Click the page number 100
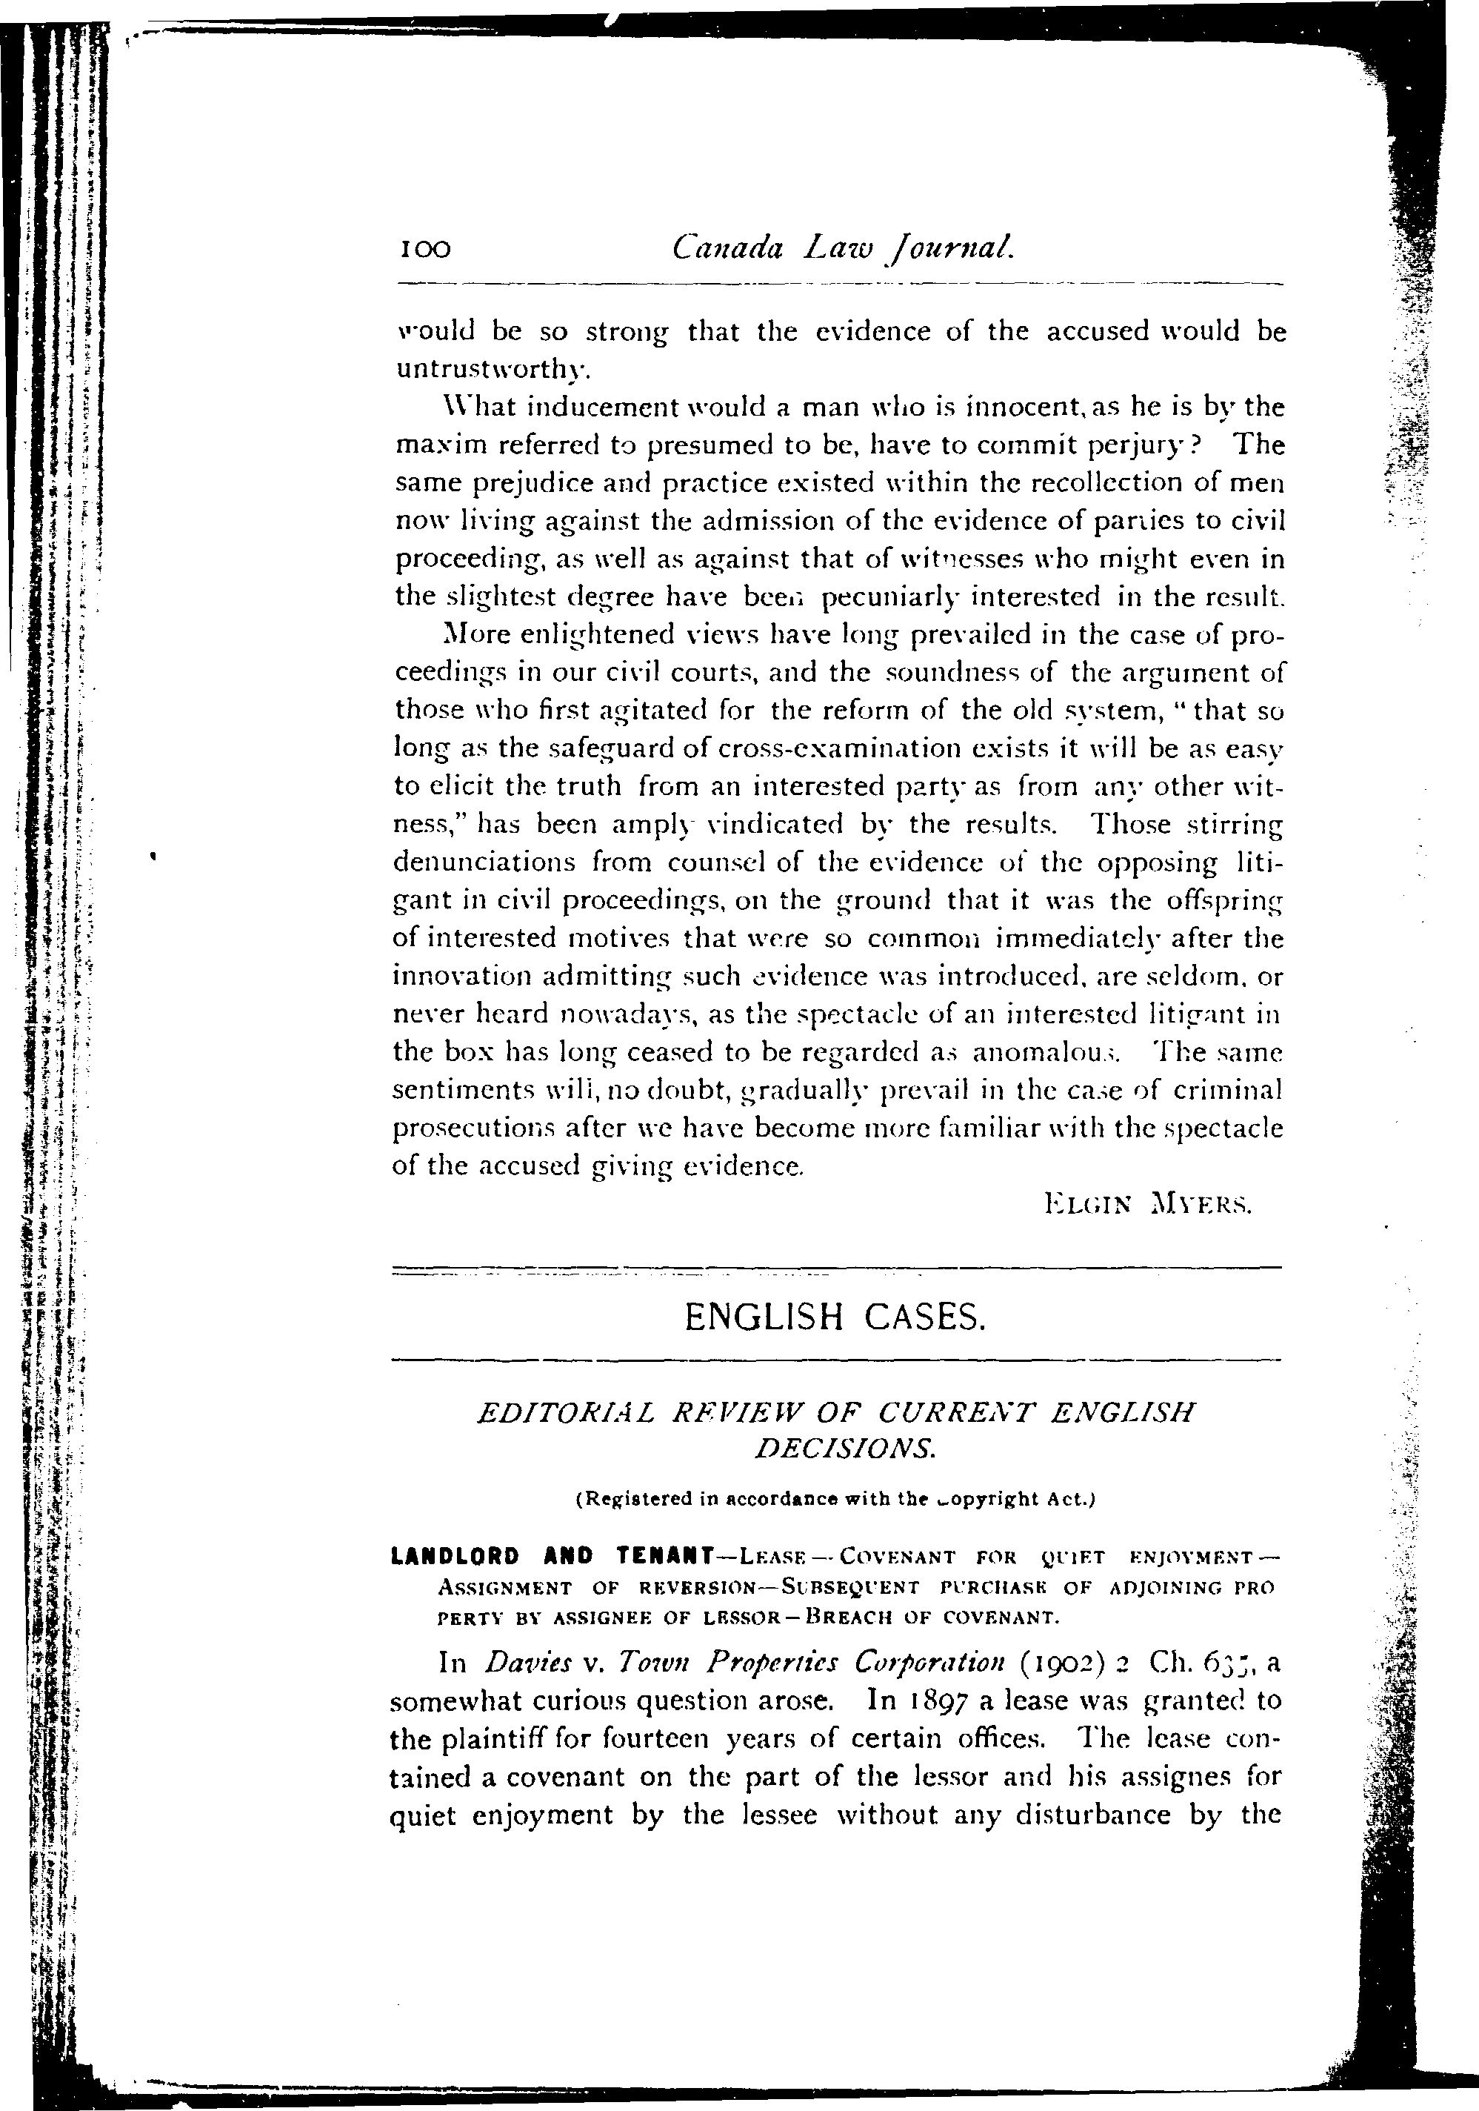(424, 249)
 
